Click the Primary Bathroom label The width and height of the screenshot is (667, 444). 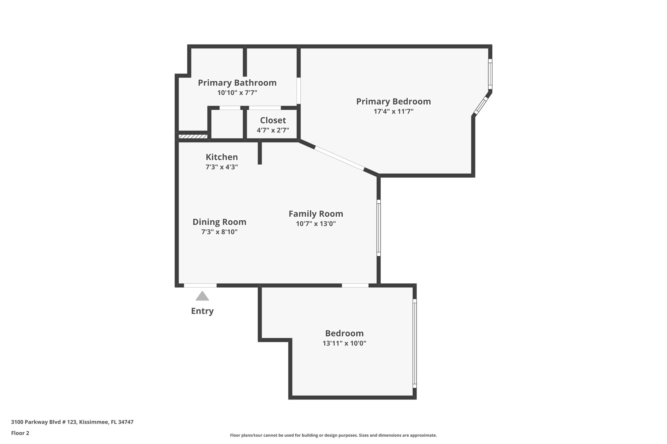click(x=237, y=83)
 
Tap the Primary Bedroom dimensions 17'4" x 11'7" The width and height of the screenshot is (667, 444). click(x=393, y=112)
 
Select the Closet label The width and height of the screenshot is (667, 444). click(x=273, y=120)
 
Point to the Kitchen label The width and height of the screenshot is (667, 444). click(x=222, y=157)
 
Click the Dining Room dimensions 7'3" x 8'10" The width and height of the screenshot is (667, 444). click(x=219, y=232)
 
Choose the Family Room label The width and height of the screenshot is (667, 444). click(x=316, y=214)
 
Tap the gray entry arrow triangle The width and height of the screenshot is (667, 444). click(x=202, y=296)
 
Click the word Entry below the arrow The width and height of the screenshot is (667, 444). click(x=202, y=311)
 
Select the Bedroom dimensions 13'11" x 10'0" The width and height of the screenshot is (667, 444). click(x=344, y=343)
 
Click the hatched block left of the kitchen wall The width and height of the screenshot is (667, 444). click(x=193, y=136)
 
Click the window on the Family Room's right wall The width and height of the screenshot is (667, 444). click(x=378, y=228)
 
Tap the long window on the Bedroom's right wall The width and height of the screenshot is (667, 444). click(x=415, y=343)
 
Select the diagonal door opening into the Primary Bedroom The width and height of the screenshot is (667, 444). click(x=339, y=158)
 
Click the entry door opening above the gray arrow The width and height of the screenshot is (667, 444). click(x=200, y=286)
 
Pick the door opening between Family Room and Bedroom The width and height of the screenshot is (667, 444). click(x=355, y=286)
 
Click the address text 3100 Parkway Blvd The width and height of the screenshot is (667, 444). click(x=72, y=422)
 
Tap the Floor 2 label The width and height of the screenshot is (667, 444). click(x=20, y=433)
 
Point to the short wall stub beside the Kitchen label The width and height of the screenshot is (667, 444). click(x=260, y=153)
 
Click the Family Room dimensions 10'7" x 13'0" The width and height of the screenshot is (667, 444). click(x=316, y=224)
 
